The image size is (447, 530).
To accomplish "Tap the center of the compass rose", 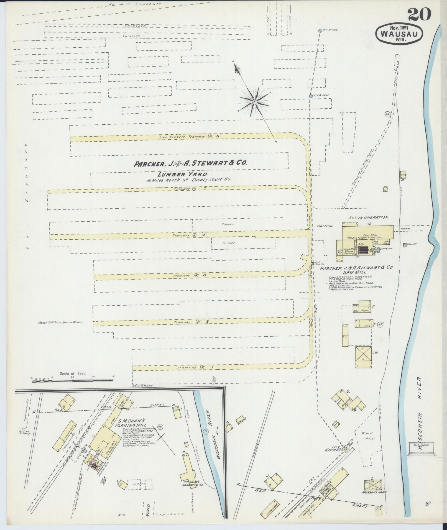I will point(254,102).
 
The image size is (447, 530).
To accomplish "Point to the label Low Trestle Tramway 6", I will point(189,137).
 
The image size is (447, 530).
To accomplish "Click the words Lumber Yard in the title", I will point(182,174).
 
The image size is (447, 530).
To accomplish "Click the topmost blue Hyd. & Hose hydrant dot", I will point(320,30).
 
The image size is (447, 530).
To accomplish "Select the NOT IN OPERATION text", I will point(369,217).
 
